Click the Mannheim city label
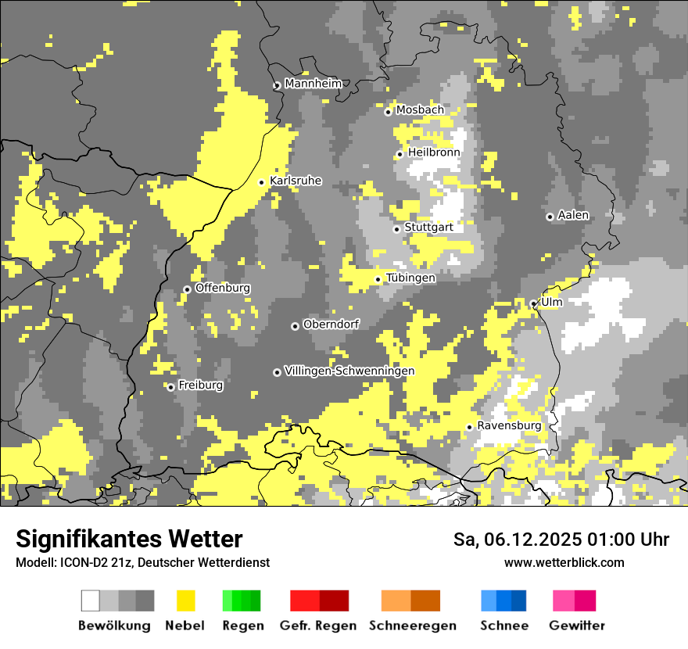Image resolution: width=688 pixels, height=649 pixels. point(314,84)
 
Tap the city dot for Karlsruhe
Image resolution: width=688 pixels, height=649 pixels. point(262,182)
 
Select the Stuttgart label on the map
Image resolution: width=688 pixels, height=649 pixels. point(428,228)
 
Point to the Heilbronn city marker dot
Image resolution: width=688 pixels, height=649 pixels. point(400,154)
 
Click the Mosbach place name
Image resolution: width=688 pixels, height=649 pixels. point(420,110)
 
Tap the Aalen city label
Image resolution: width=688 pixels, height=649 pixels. point(573,215)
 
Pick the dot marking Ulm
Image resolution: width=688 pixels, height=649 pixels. point(533,303)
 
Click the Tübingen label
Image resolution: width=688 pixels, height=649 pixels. point(410,278)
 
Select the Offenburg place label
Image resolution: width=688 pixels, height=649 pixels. point(223,288)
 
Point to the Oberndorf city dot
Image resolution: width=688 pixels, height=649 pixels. point(295,326)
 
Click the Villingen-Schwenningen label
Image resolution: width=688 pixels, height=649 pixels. point(349,371)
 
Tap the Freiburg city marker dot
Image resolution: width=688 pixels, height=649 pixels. point(170,387)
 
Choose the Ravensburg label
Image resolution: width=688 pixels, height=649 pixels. point(509,425)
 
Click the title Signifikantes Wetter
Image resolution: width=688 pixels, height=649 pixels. point(129,540)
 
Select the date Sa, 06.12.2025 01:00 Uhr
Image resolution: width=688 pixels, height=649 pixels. point(561,540)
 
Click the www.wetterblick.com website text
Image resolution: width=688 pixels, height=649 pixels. point(564,563)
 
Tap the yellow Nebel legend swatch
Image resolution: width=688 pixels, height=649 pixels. point(185,601)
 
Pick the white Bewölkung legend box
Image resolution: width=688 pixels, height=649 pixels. point(91,601)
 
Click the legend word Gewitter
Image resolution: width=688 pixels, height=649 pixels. point(577,626)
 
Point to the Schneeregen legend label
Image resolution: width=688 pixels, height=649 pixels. point(413,626)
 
